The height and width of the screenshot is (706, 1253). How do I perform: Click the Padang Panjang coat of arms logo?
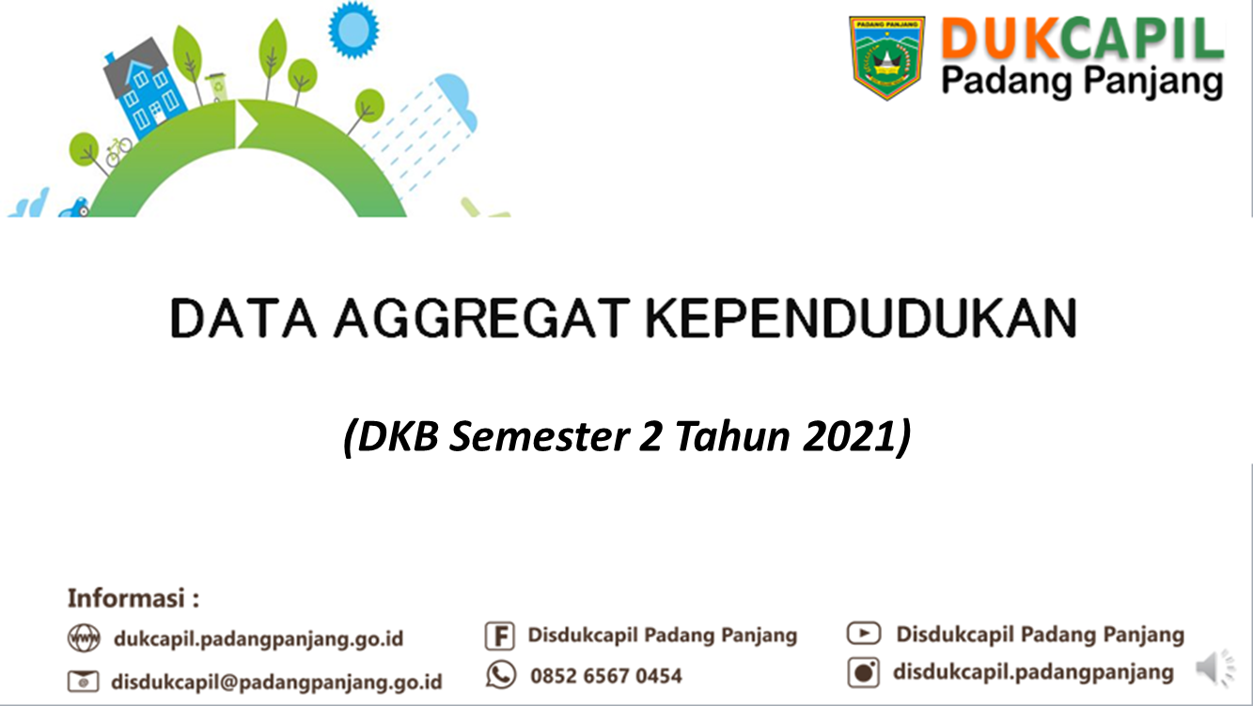(887, 58)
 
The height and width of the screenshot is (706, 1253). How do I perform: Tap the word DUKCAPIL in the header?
(1082, 38)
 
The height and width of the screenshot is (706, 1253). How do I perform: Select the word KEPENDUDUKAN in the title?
(861, 318)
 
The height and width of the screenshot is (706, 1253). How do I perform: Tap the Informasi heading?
(133, 598)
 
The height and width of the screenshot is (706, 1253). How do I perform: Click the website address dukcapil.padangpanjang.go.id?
(258, 639)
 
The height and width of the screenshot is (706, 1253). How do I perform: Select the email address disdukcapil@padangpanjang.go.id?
(276, 682)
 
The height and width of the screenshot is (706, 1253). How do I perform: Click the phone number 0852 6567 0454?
(606, 676)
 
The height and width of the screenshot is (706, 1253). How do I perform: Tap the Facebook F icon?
(499, 636)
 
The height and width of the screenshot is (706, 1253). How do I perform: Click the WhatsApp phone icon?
(501, 675)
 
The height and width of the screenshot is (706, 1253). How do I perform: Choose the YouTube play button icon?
(864, 634)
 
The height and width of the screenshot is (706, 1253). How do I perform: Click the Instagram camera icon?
(864, 672)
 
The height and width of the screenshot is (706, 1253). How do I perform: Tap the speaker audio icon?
(1215, 668)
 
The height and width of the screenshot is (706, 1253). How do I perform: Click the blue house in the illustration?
(145, 87)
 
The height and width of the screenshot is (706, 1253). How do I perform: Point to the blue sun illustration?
(353, 29)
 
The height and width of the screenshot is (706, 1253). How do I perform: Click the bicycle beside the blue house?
(118, 151)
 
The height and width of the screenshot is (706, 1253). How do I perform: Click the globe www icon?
(84, 638)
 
